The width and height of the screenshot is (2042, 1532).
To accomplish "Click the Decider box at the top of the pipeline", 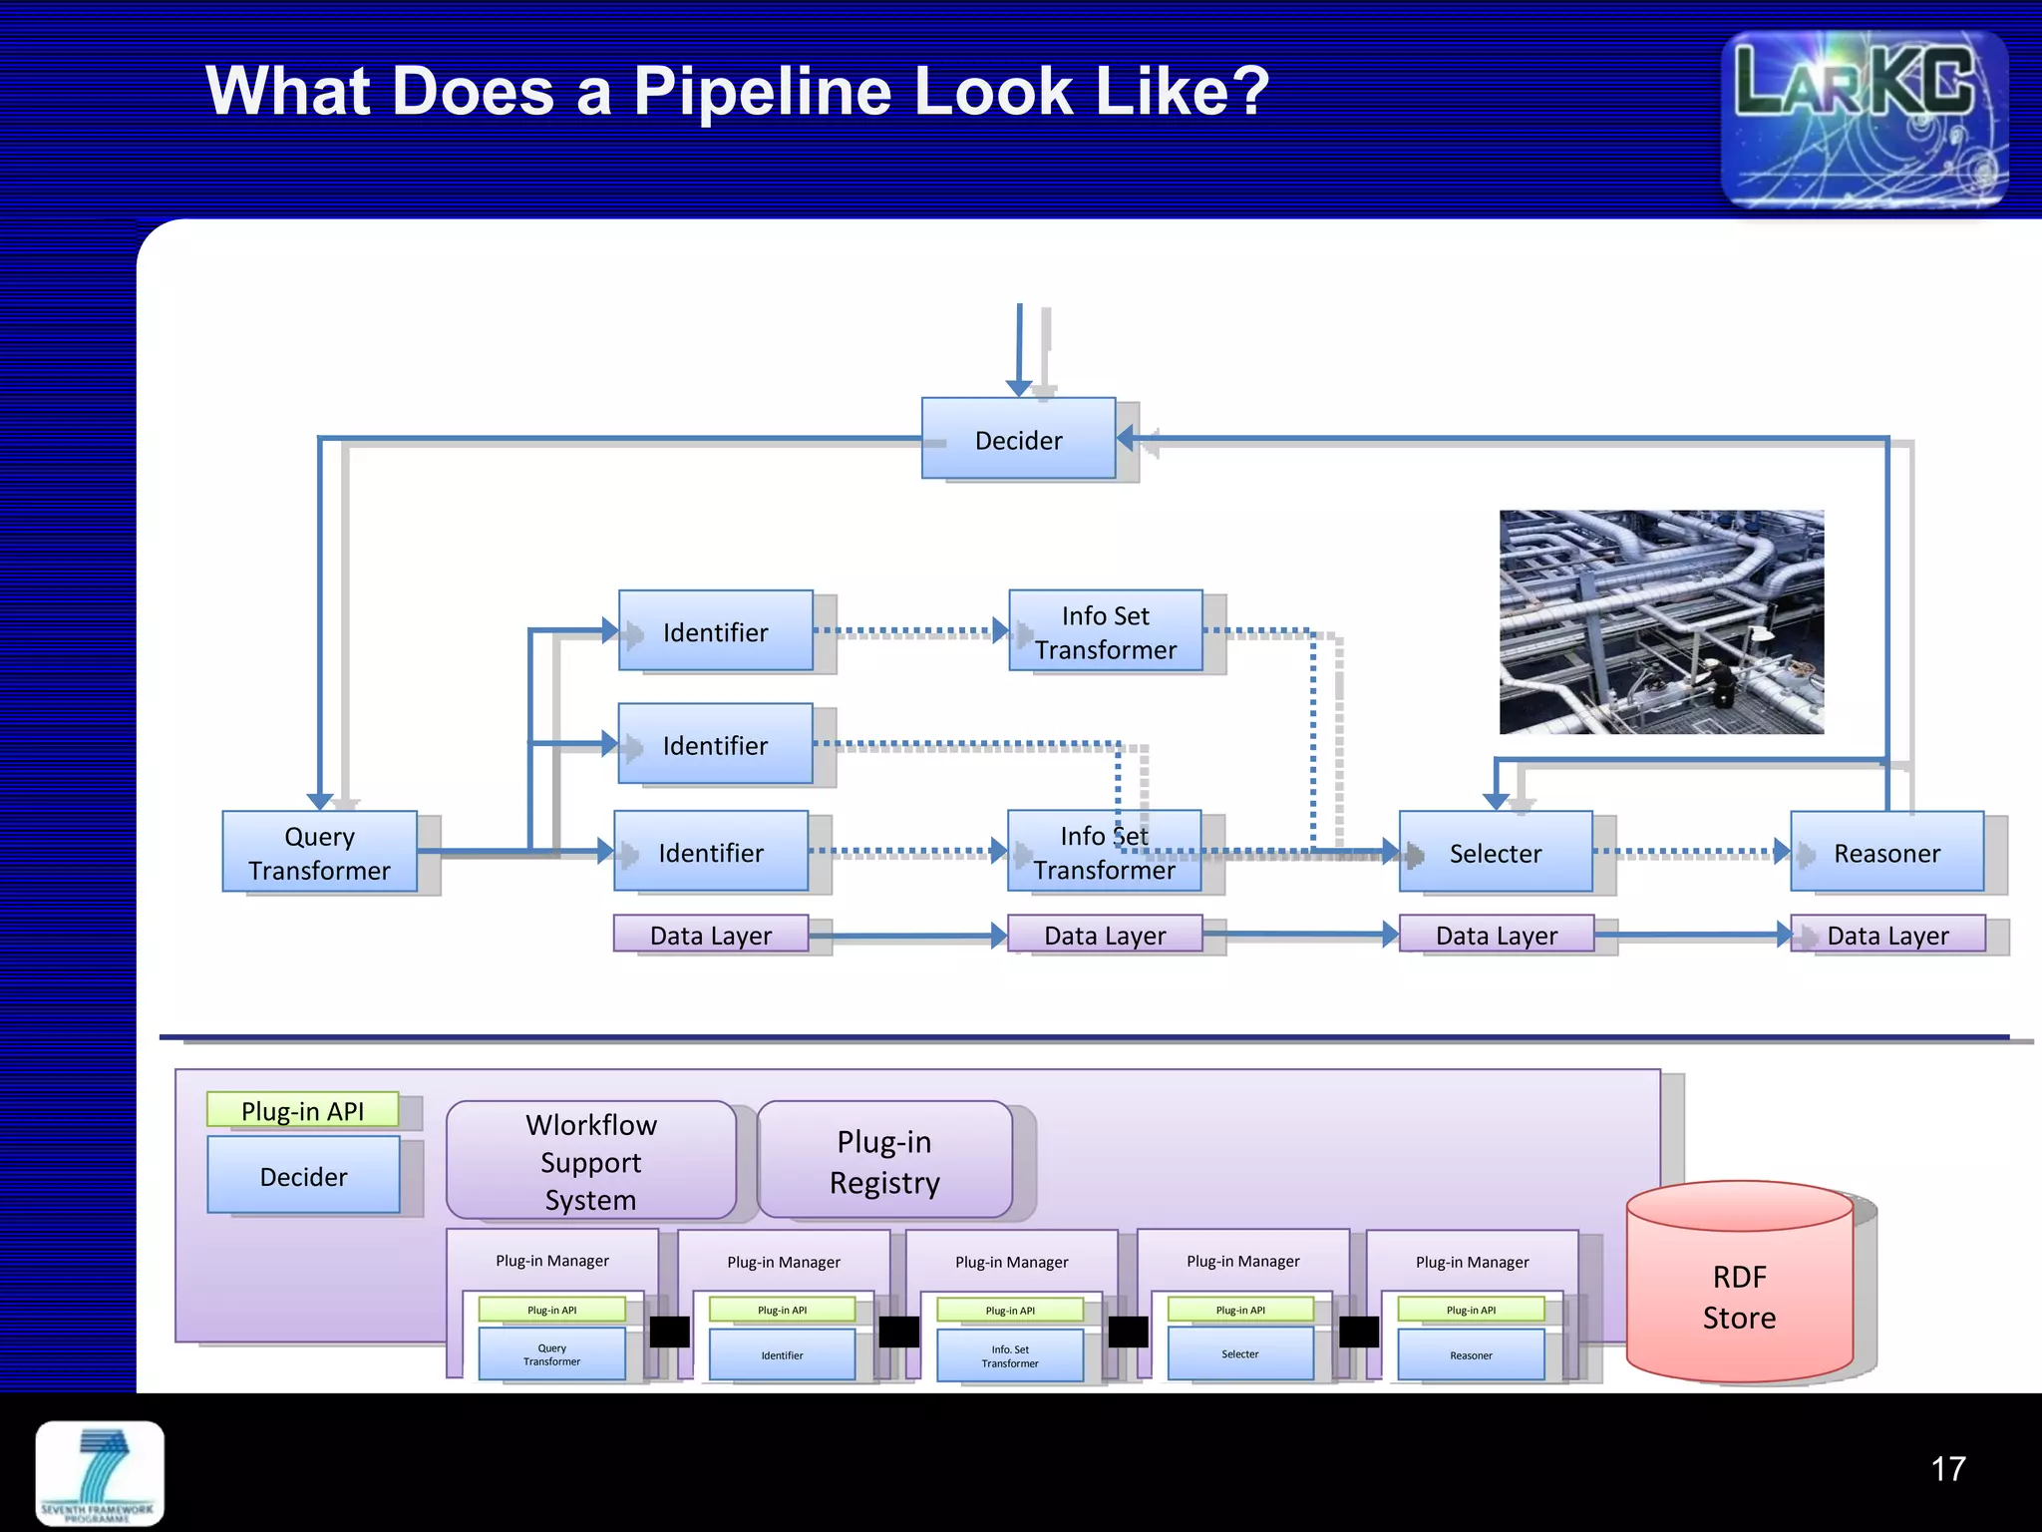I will [1018, 439].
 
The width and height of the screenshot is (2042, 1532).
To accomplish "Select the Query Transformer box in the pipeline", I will [319, 852].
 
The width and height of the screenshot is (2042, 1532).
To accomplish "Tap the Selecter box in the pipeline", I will [1495, 852].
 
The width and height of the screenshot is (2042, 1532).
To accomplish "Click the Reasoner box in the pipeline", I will [1886, 852].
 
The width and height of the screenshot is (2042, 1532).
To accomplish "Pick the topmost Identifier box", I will [715, 631].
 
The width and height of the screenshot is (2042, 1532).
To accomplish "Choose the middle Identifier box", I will [715, 744].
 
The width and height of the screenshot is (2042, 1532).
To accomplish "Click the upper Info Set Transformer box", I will [1105, 631].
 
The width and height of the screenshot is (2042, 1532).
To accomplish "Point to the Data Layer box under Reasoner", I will [1886, 935].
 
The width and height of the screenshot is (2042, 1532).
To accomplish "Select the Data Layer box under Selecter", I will [1496, 935].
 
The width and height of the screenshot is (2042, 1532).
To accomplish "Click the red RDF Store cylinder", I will [1739, 1287].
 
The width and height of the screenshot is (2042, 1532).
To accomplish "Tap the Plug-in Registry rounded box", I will [884, 1160].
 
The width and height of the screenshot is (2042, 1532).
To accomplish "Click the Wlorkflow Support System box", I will [590, 1161].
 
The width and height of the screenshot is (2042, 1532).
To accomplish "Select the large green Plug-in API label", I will [302, 1110].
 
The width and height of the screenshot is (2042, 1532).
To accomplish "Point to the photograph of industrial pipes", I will [1661, 622].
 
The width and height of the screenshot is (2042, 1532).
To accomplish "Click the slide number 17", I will [1947, 1468].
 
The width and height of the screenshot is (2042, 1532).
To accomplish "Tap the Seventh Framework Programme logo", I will [100, 1472].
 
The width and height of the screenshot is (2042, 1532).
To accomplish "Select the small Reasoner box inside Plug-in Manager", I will [1471, 1354].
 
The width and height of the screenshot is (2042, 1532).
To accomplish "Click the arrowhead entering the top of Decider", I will [1018, 388].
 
